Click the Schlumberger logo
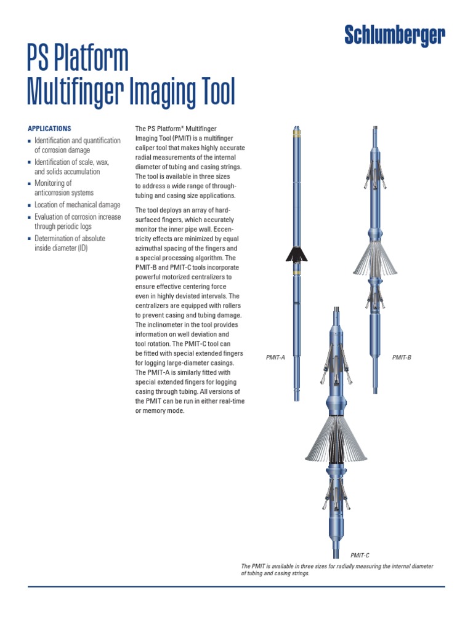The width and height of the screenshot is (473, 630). (x=394, y=36)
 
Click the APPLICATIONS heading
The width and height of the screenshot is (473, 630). (x=49, y=129)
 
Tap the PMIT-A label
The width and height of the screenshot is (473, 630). (x=275, y=357)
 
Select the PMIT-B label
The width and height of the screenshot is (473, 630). (x=402, y=357)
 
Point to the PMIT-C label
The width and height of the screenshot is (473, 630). (x=360, y=556)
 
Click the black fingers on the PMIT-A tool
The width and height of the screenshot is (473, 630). (x=296, y=253)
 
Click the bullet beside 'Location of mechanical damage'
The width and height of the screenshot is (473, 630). (x=30, y=205)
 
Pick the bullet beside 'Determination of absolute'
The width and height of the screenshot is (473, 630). (x=30, y=239)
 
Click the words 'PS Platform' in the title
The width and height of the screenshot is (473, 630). (x=78, y=59)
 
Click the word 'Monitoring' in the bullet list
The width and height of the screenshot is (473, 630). (x=53, y=183)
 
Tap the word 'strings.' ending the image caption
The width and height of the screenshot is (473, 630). (x=296, y=573)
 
